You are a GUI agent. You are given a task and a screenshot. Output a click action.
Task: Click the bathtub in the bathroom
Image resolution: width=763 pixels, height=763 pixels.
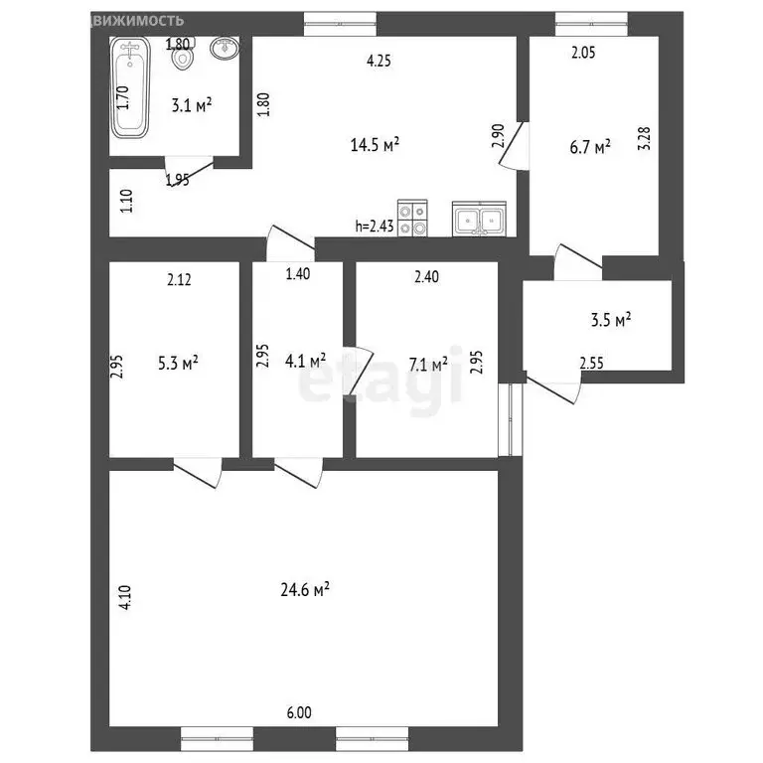[130, 88]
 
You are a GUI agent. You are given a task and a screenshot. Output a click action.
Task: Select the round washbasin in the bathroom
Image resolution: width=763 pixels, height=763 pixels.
[226, 48]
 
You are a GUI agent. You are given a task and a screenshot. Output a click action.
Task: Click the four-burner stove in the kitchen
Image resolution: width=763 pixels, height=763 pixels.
[411, 219]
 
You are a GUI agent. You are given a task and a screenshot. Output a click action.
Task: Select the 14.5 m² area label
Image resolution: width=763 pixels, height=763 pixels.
[375, 144]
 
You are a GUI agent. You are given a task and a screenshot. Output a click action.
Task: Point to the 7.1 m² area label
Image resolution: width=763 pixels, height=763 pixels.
[427, 364]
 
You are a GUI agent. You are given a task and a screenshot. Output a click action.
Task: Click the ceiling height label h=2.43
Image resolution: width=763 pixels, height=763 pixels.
[375, 226]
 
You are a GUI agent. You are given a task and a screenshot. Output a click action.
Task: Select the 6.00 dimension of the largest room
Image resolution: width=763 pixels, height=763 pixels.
[299, 712]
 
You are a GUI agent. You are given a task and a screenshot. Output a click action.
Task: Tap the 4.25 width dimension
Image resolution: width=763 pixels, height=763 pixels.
[379, 60]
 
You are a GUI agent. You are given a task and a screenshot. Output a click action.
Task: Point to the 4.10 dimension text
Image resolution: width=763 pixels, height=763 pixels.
[123, 595]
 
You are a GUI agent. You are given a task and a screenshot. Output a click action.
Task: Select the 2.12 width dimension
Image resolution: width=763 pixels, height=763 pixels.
[179, 279]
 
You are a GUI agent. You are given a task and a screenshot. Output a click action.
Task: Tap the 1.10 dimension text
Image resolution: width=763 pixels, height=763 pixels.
[126, 202]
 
